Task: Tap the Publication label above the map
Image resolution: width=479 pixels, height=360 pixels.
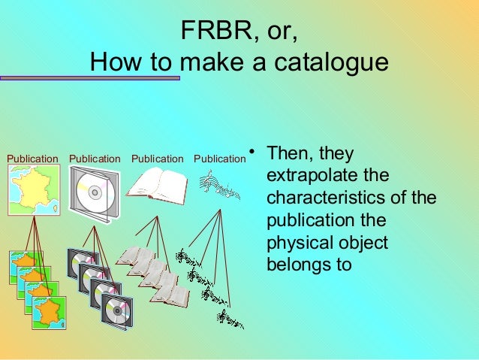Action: click(32, 159)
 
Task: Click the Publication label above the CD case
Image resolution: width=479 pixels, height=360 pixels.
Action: click(95, 159)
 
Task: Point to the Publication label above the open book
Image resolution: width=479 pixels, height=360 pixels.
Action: click(157, 159)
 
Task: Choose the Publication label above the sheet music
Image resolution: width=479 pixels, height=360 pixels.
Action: click(219, 159)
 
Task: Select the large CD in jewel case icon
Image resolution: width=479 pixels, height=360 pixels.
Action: click(94, 194)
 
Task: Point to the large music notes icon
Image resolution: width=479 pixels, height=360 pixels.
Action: click(219, 185)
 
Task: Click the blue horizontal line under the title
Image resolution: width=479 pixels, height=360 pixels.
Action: click(90, 77)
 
